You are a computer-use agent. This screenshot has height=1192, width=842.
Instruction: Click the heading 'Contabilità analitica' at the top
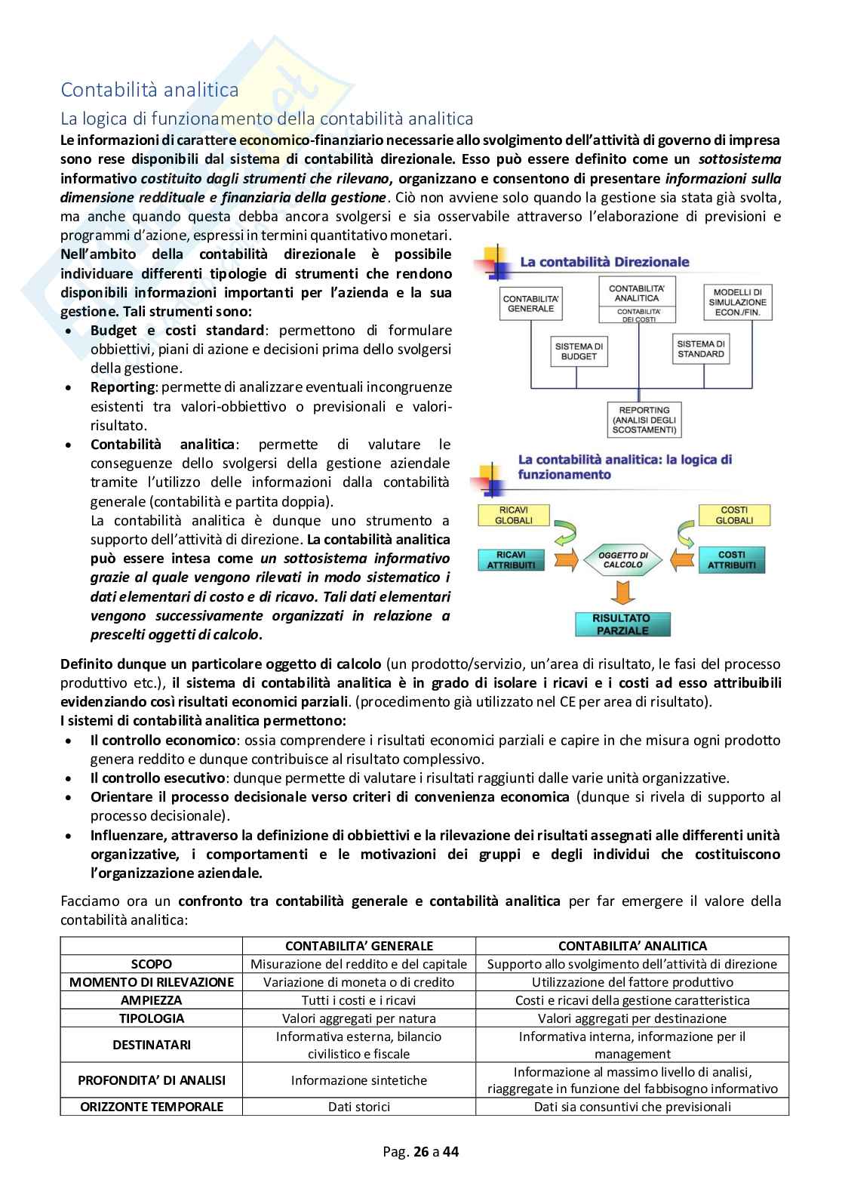click(149, 90)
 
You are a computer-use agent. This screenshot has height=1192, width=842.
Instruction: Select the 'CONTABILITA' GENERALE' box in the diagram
click(530, 303)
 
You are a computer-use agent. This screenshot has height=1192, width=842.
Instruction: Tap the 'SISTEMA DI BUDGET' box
click(579, 351)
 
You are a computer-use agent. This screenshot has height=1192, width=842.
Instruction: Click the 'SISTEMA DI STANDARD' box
click(700, 348)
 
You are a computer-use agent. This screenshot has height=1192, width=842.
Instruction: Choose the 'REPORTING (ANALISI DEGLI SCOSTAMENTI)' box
click(645, 420)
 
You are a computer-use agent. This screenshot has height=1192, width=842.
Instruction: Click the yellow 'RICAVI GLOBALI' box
click(513, 515)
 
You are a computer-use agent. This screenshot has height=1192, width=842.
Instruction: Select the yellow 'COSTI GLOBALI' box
click(734, 515)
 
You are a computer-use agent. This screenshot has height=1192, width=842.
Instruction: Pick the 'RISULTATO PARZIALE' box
click(622, 624)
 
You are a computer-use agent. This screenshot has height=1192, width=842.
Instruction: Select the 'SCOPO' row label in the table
click(151, 964)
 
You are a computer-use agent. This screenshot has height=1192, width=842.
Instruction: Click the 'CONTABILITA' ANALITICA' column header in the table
click(632, 946)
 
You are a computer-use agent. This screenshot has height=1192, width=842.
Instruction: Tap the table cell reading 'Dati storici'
click(359, 1107)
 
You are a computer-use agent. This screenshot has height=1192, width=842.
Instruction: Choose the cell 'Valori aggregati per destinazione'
click(632, 1018)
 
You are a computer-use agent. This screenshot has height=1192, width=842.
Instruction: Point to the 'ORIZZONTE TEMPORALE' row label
click(151, 1107)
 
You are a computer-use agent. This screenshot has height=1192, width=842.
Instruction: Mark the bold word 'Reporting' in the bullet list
click(122, 387)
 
